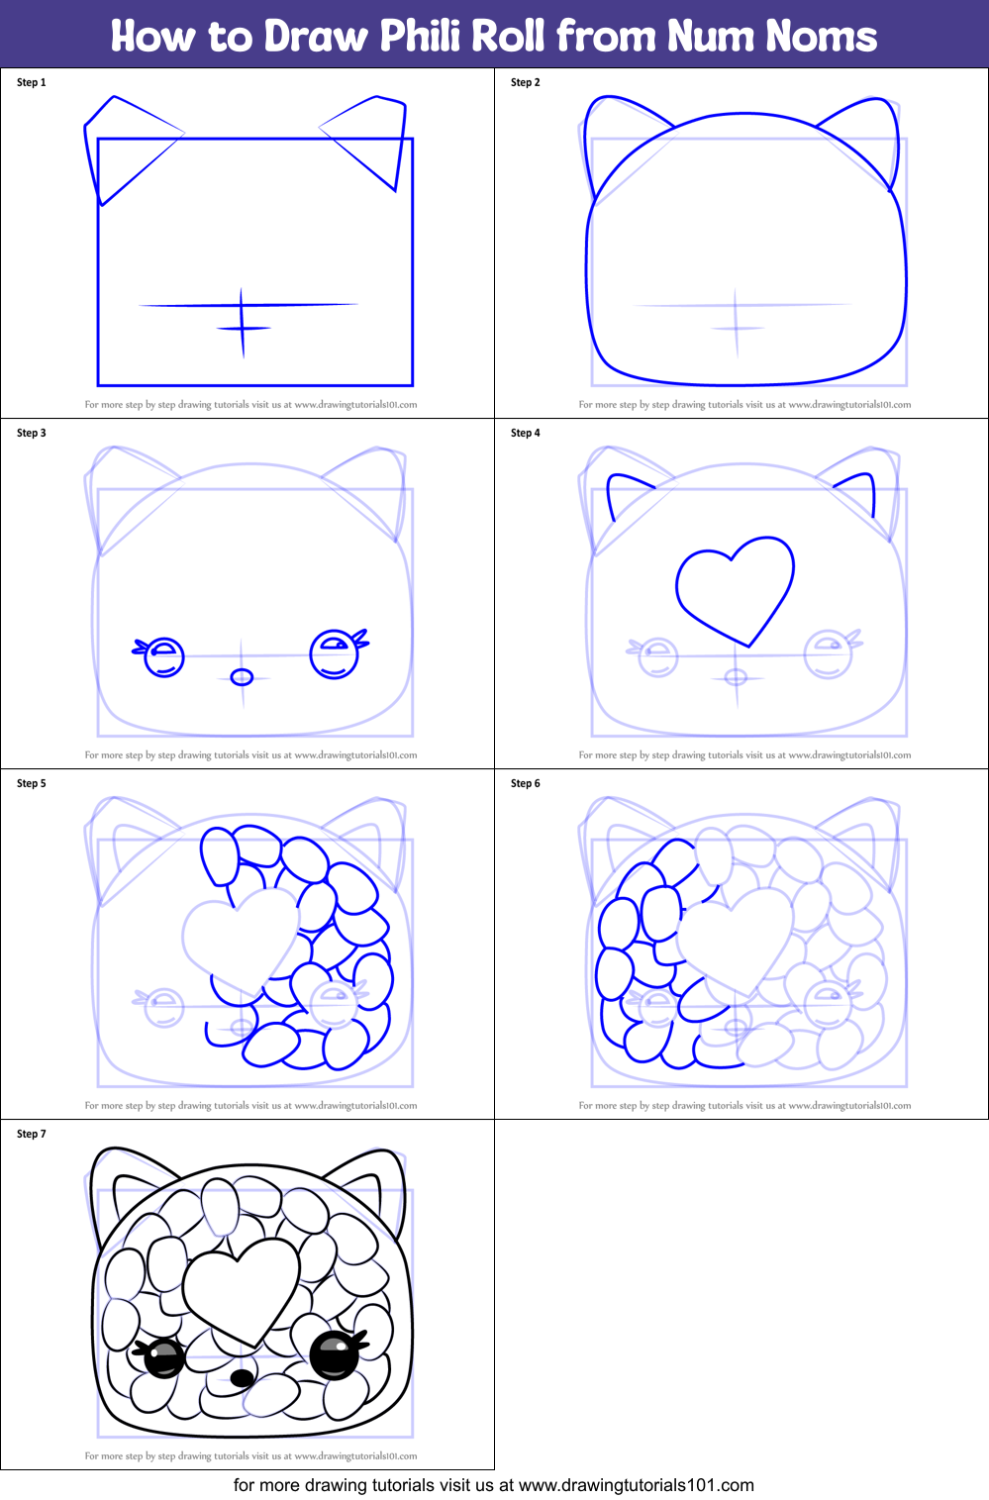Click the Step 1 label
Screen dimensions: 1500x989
point(32,82)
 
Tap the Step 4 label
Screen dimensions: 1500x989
point(526,433)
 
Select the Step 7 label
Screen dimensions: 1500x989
point(32,1134)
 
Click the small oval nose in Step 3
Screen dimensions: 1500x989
point(242,677)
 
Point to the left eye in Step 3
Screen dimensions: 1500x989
point(164,656)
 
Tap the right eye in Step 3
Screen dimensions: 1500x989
point(335,653)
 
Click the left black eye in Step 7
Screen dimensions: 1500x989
point(164,1357)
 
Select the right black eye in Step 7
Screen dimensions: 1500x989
point(335,1355)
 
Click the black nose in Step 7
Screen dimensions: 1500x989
point(241,1378)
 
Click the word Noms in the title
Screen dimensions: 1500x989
point(821,37)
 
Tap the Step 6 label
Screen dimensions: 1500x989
point(526,783)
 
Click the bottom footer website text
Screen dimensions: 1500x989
point(493,1485)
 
